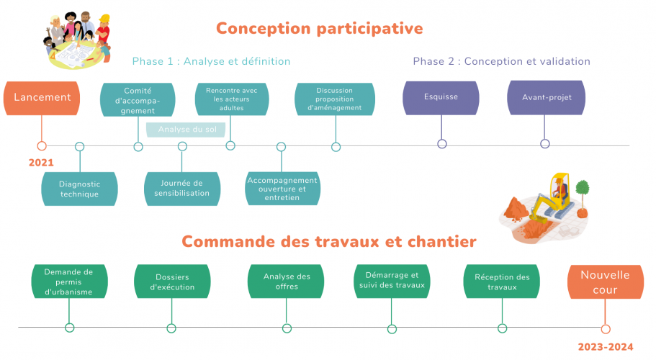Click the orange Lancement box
42,98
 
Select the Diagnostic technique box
79,189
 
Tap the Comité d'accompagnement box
138,100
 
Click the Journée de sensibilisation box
181,188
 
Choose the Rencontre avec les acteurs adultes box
231,99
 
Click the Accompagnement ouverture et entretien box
282,189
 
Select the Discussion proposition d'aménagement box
334,99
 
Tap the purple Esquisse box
441,98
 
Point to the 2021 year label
41,163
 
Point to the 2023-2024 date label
606,347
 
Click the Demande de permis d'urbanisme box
69,282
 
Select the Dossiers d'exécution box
172,282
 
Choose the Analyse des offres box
287,282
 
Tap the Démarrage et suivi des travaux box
392,280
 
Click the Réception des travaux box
502,282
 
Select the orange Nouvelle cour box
605,282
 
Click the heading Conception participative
319,28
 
